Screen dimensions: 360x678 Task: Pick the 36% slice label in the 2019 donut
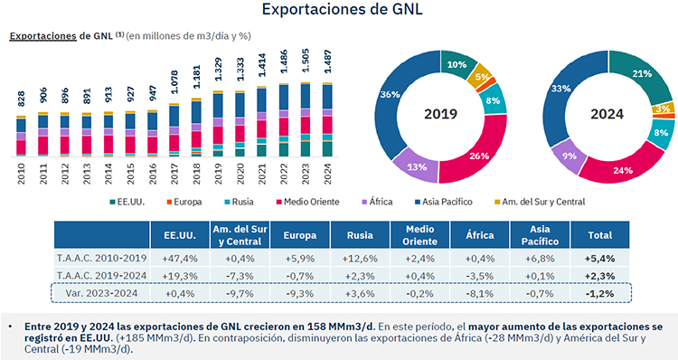coord(392,95)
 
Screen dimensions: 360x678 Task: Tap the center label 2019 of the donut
coord(443,114)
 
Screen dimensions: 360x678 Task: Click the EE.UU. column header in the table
coord(179,238)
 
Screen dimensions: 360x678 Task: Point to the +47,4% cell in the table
coord(179,259)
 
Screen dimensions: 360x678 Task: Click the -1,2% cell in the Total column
coord(602,294)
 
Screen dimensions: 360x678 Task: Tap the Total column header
coord(602,238)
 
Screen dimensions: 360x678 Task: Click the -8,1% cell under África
coord(480,294)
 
